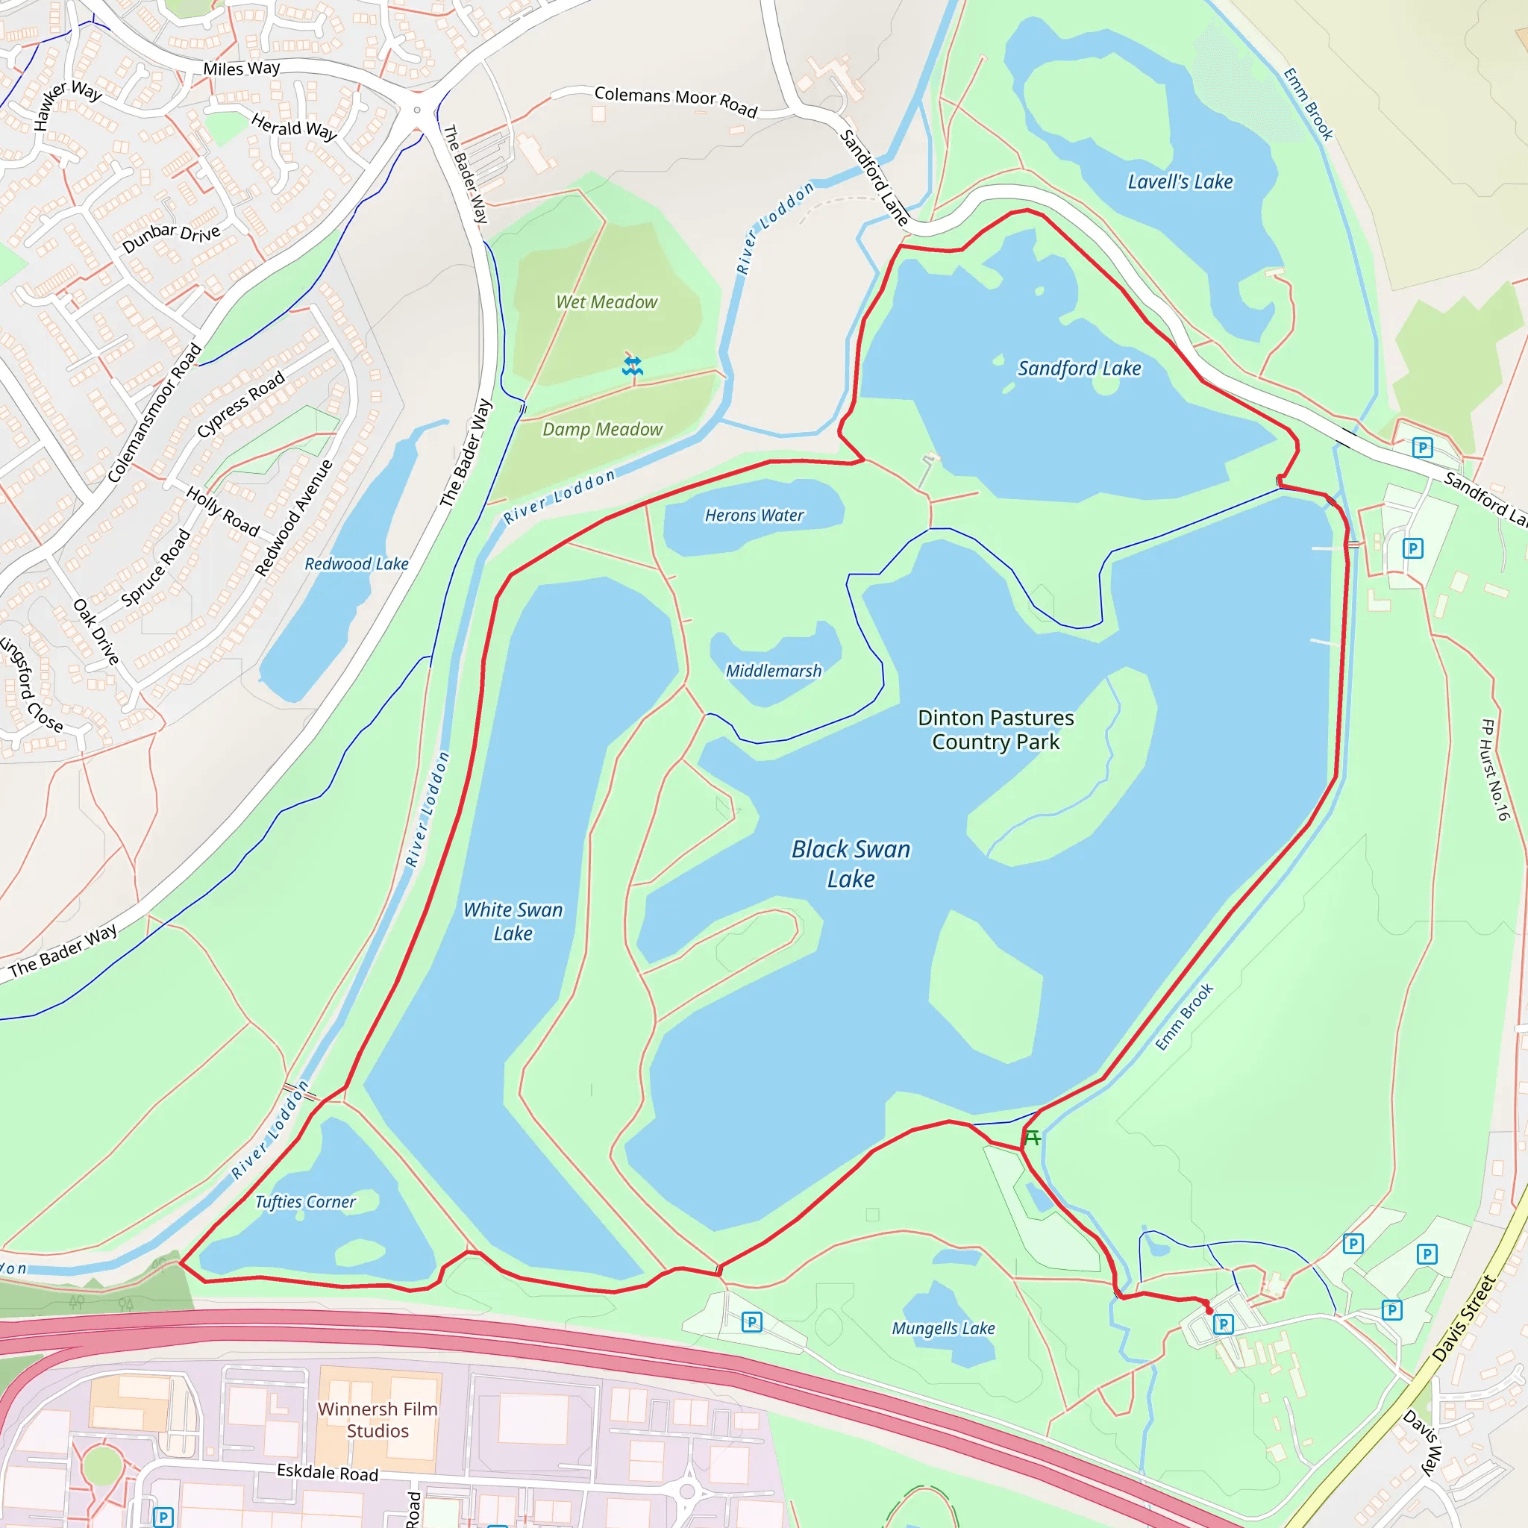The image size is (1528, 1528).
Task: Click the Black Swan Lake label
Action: tap(851, 864)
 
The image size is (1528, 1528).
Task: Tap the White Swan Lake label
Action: tap(513, 921)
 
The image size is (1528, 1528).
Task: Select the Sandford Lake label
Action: tap(1079, 369)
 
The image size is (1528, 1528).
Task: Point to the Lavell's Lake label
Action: tap(1180, 182)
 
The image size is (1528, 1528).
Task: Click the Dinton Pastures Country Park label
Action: tap(996, 729)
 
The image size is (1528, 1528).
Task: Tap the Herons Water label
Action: tap(754, 516)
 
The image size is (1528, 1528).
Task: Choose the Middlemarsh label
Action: tap(774, 671)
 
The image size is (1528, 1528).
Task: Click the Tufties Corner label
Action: tap(305, 1202)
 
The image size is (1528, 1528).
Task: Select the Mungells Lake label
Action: tap(944, 1329)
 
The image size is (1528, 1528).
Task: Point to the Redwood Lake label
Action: tap(357, 564)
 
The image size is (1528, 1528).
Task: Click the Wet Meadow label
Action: tap(607, 302)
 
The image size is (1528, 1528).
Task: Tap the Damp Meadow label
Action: tap(603, 430)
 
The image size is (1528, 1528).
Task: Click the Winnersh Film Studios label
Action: tap(378, 1420)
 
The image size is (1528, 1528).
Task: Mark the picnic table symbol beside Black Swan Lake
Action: tap(1032, 1138)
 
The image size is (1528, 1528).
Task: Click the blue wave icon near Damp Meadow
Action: tap(632, 366)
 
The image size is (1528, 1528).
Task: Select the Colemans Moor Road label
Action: tap(675, 101)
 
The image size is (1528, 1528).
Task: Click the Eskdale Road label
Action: tap(328, 1472)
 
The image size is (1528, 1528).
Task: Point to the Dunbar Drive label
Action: tap(171, 237)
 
